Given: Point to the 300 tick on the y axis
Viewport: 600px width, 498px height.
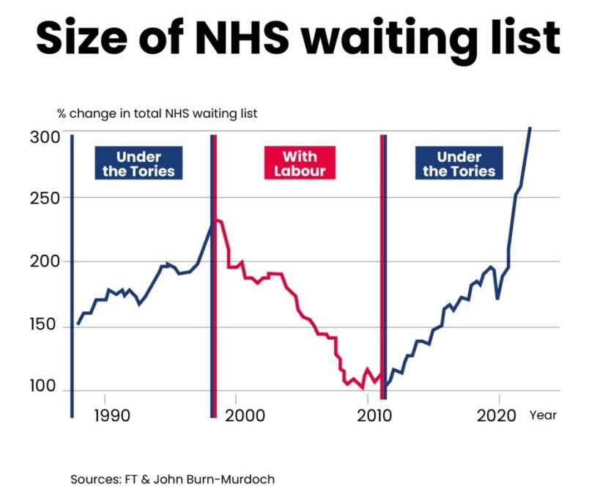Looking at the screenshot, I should (x=43, y=137).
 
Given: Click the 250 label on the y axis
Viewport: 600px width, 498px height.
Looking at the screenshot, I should (x=43, y=198).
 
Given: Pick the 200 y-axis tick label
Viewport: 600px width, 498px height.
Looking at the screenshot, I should (x=43, y=262).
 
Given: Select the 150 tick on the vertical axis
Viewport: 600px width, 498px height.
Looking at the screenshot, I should (x=43, y=324).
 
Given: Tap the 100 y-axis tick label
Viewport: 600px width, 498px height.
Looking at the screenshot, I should (x=43, y=387).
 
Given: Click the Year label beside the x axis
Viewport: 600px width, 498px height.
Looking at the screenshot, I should (x=543, y=415).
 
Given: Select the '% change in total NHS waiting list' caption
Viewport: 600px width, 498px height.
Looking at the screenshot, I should (x=157, y=114).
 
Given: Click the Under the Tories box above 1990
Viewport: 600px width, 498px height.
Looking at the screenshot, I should (x=138, y=163).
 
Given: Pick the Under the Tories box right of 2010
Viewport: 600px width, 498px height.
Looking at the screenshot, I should (x=459, y=163).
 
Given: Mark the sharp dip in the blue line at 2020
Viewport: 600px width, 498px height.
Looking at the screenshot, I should (x=498, y=298).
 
